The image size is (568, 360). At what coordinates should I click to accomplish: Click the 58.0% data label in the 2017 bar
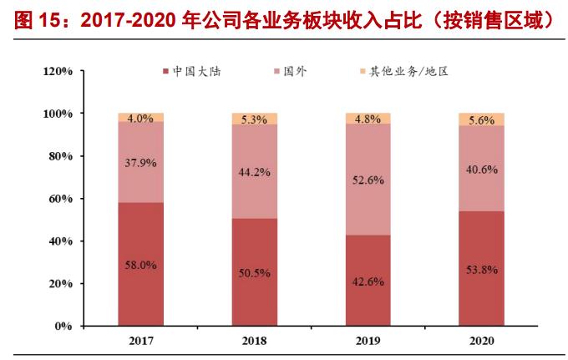coord(140,265)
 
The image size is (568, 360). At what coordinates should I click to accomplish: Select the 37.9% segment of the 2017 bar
coord(140,163)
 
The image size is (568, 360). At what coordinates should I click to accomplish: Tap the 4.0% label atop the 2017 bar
coord(140,119)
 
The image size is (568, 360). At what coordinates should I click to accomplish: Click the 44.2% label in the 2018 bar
coord(254,173)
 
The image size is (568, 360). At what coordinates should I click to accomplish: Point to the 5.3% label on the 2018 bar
coord(254,119)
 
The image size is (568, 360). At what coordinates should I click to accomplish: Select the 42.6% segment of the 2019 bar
coord(368,281)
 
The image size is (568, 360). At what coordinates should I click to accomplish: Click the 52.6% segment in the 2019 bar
coord(368,180)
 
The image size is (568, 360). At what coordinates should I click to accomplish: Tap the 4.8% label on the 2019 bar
coord(368,119)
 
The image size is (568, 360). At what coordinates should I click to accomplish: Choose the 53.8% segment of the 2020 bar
coord(482,269)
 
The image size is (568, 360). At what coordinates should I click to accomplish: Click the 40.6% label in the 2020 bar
coord(482,169)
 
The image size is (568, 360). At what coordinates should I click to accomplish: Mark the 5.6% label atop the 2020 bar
coord(482,119)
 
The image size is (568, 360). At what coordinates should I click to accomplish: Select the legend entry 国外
coord(295,72)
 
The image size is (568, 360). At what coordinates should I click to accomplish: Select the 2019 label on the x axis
coord(368,342)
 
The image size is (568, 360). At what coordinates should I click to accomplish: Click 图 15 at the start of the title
coord(30,23)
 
